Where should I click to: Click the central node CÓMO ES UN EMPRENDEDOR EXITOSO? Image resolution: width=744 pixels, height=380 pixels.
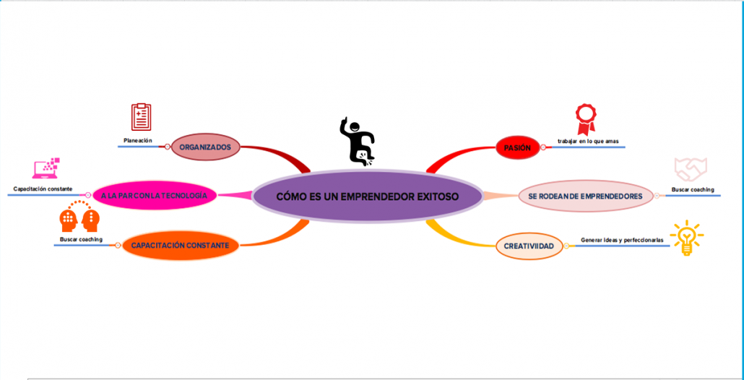coord(367,197)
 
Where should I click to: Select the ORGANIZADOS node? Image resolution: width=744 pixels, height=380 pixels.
coord(205,147)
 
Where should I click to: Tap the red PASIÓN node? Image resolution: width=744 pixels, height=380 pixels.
coord(517,148)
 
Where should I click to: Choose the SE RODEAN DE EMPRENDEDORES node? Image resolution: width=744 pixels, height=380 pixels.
coord(585,196)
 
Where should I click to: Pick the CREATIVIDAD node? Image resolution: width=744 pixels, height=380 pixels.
coord(529,246)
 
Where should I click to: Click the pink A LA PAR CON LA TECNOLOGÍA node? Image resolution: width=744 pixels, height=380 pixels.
coord(155,195)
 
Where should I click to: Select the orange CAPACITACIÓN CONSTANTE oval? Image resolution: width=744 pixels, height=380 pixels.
coord(180,246)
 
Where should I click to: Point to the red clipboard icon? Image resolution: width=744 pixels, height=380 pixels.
coord(141,117)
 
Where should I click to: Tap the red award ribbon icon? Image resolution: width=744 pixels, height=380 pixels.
coord(586,117)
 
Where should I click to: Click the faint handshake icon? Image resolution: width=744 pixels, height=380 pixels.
coord(691,169)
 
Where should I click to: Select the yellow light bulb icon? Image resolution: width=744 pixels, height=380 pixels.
coord(686,238)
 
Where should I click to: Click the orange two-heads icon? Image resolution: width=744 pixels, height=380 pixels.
coord(79,217)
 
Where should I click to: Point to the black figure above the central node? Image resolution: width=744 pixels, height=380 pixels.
coord(358,141)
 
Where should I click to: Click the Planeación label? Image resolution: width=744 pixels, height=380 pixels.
coord(138,140)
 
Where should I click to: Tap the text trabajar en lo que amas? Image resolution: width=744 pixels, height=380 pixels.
coord(587,141)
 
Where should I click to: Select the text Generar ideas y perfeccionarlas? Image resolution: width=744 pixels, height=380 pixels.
coord(622,240)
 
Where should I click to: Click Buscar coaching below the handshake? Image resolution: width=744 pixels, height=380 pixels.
coord(692,190)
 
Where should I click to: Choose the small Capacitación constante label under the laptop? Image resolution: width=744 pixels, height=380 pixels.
coord(43,189)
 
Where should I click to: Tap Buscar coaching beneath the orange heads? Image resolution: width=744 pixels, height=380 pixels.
coord(80,239)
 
